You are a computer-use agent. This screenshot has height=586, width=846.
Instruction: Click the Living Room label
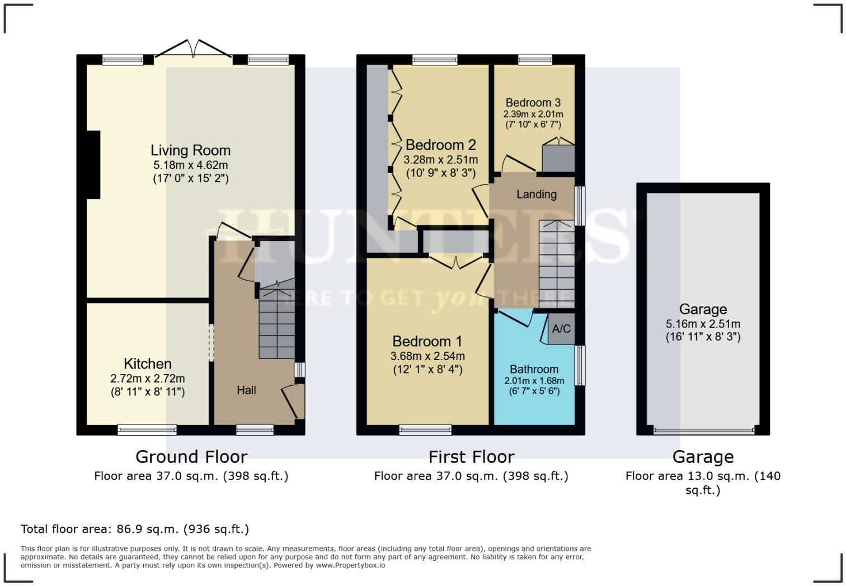(190, 150)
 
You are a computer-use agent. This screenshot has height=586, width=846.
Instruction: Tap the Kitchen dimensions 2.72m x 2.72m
(148, 379)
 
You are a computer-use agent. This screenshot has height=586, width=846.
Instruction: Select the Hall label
(246, 390)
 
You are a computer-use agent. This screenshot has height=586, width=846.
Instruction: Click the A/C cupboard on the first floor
(561, 329)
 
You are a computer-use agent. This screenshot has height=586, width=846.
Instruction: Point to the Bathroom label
(534, 369)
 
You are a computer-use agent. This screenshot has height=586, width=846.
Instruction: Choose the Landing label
(536, 195)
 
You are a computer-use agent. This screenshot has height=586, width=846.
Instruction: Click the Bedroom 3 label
(533, 103)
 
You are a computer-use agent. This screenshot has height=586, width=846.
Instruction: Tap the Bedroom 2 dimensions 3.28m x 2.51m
(441, 159)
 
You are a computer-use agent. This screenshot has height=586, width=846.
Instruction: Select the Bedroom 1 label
(427, 341)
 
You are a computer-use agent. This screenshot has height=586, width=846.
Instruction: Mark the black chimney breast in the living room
(93, 165)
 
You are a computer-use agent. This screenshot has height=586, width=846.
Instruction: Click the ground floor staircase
(277, 319)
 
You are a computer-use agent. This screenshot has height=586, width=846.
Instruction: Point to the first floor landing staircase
(557, 264)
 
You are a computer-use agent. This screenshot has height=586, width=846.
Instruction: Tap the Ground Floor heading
(191, 457)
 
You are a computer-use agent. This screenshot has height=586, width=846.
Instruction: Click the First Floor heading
(471, 457)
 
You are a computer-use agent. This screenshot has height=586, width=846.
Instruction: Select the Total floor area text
(135, 529)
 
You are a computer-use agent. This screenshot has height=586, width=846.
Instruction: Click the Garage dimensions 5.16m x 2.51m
(703, 324)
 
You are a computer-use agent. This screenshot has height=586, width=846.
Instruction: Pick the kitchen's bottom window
(147, 430)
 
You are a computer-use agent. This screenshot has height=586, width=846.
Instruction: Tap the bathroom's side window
(580, 365)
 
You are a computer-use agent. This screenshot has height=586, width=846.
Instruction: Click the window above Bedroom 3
(535, 60)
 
